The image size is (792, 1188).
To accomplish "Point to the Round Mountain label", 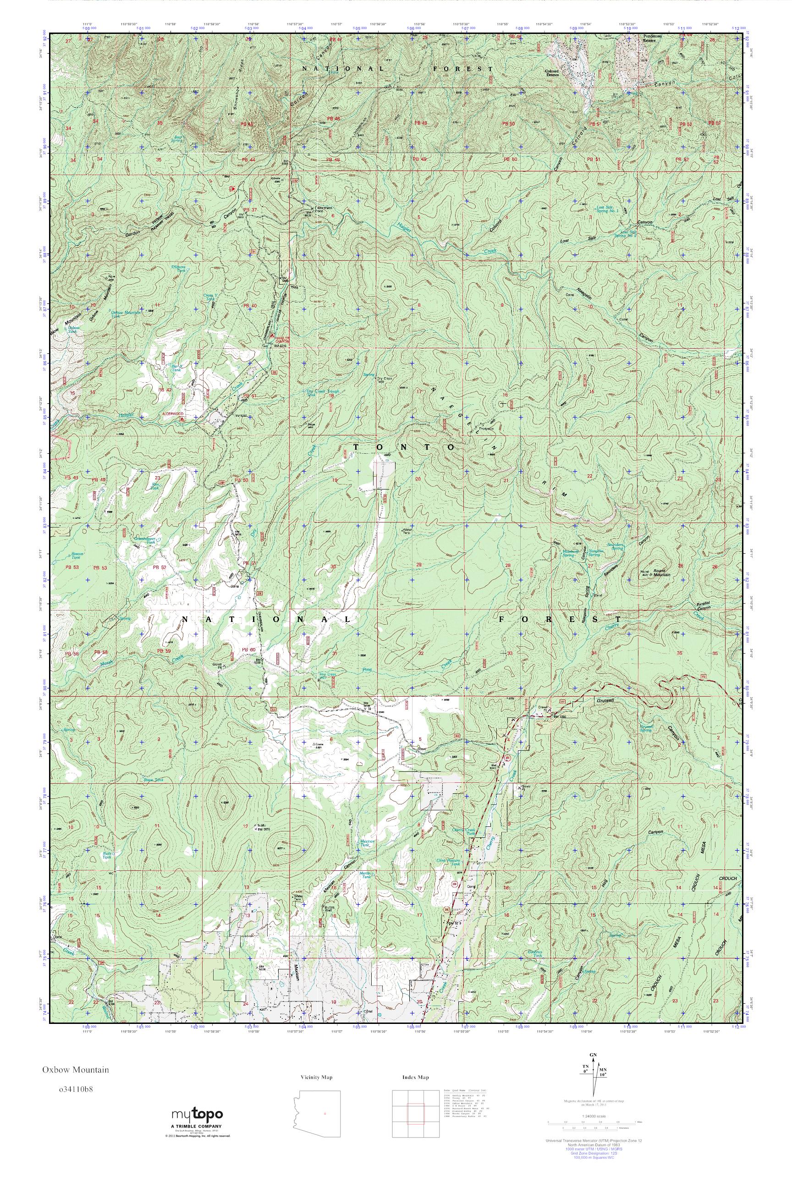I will point(661,574).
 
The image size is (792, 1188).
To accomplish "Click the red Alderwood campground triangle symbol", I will point(182,418).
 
